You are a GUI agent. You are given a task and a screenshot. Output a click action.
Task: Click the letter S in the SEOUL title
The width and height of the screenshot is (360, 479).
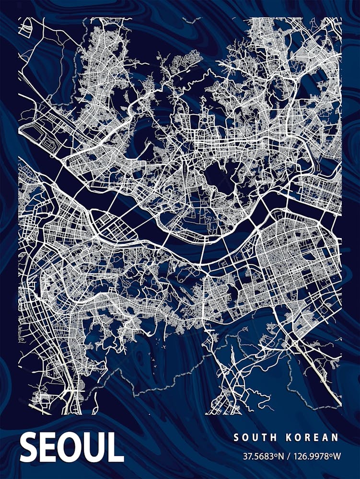[29, 447]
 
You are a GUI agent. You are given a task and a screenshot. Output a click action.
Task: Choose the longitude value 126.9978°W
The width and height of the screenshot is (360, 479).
[315, 456]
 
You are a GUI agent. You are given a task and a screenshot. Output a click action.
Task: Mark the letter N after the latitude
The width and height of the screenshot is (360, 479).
[282, 456]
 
